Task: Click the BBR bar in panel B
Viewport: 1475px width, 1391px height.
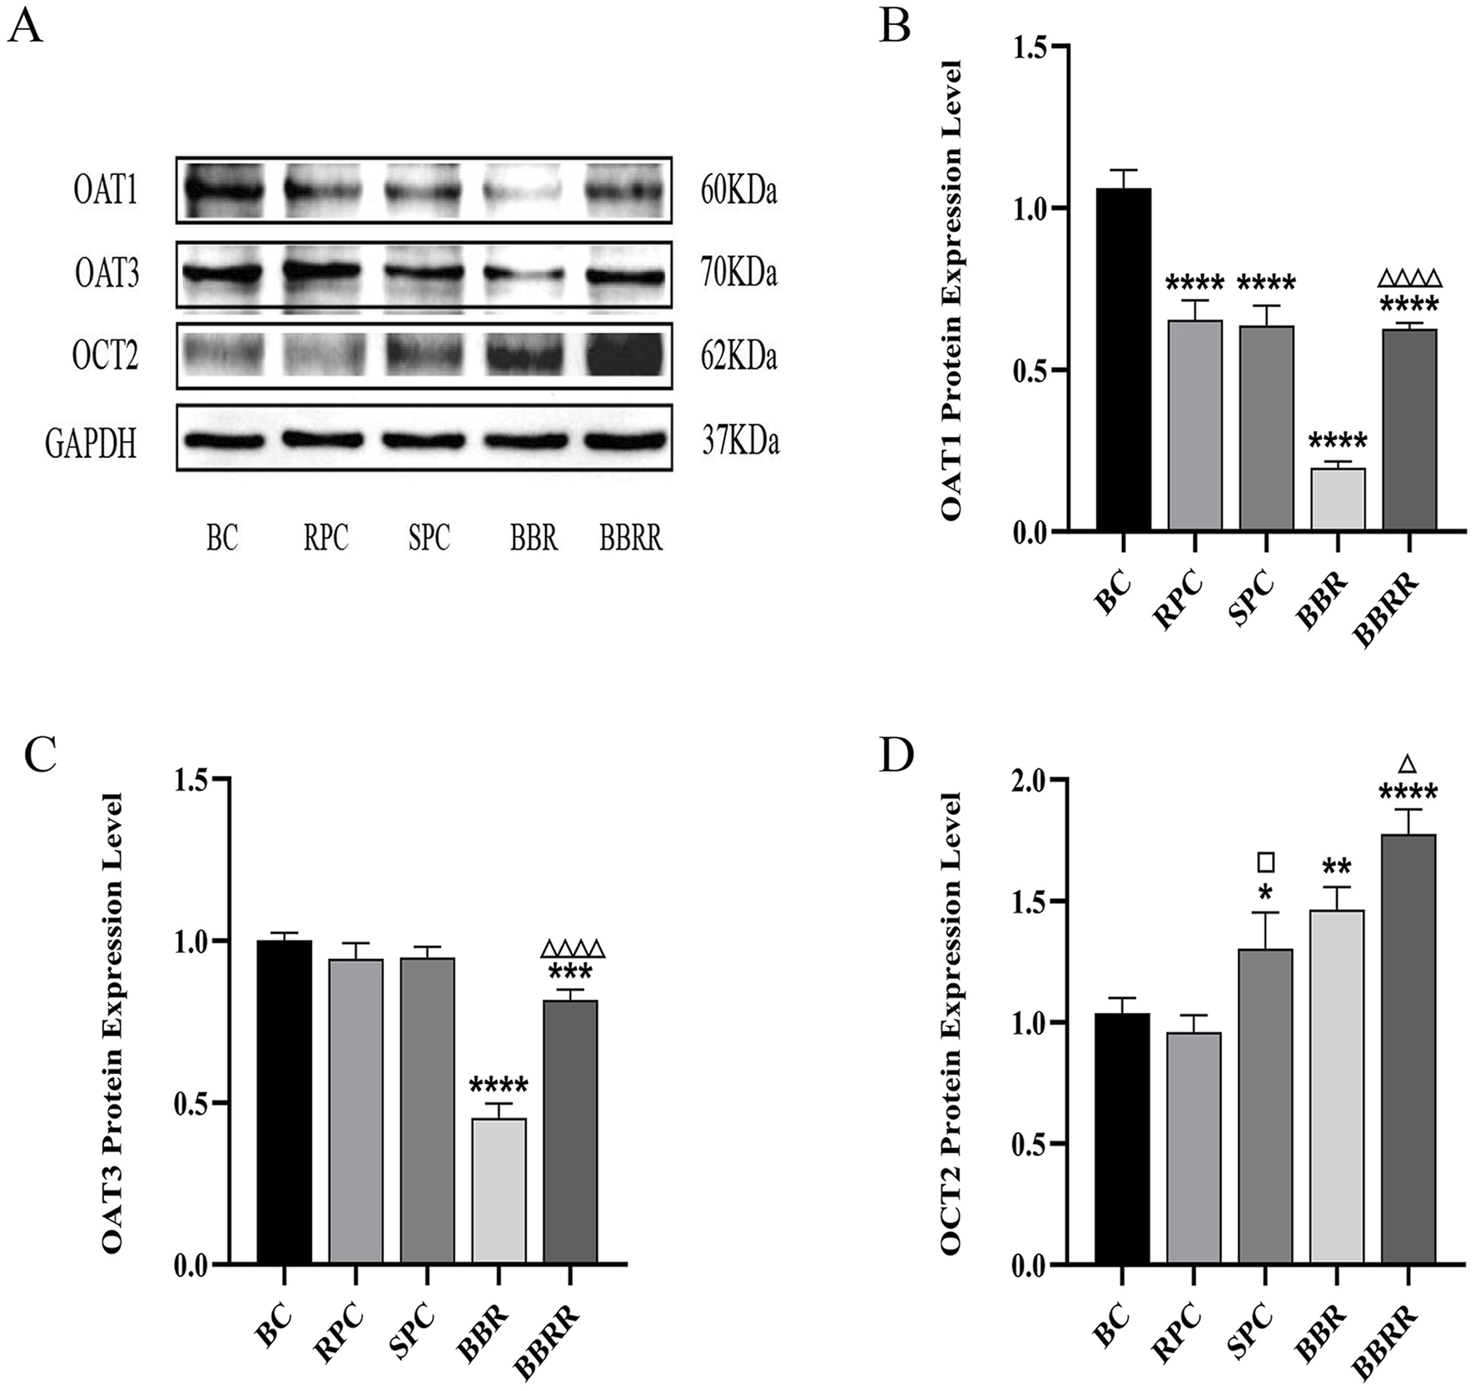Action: (1338, 499)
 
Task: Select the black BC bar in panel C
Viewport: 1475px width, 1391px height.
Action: (284, 1103)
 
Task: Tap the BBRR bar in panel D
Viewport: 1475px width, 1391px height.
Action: (1408, 1049)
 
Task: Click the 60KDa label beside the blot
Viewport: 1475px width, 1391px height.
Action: (738, 192)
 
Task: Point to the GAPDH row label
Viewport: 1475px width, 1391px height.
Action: (91, 443)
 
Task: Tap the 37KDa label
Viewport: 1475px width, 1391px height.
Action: (740, 441)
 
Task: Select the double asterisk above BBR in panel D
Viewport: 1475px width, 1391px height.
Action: (1337, 867)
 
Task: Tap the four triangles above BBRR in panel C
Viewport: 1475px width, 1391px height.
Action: (572, 949)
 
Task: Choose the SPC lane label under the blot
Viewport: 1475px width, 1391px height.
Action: (429, 539)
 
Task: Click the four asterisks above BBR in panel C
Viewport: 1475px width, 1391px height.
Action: (499, 1085)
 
